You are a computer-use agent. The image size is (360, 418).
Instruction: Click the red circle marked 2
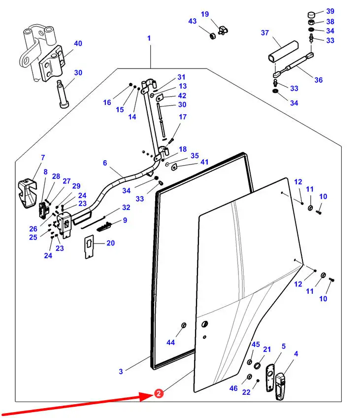click(x=158, y=393)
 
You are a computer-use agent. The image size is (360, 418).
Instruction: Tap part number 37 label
click(x=265, y=33)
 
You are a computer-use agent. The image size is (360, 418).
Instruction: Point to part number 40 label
click(x=78, y=43)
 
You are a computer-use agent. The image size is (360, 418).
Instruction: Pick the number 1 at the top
click(x=149, y=38)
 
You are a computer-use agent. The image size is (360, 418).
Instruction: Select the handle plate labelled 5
click(x=271, y=378)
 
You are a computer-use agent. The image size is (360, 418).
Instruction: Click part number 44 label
click(x=170, y=342)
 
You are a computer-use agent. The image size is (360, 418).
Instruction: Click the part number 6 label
click(x=105, y=163)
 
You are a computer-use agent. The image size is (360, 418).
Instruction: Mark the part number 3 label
click(x=121, y=371)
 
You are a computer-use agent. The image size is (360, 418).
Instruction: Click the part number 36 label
click(x=319, y=80)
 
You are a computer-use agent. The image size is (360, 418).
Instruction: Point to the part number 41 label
click(x=204, y=162)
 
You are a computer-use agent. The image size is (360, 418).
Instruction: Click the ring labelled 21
click(x=257, y=366)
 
